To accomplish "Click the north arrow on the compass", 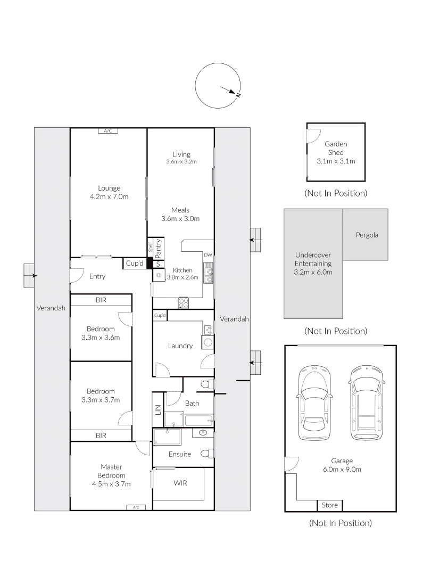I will [233, 91].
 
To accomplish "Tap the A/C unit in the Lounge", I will [107, 131].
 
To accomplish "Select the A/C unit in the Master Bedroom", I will [136, 507].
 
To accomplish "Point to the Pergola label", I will [367, 235].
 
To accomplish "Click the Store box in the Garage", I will [330, 505].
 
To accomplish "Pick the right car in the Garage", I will [366, 403].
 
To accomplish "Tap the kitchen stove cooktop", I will [184, 302].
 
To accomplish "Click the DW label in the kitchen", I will [208, 255].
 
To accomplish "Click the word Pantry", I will [159, 248].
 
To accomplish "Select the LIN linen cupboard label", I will [158, 410].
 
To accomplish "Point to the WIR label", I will [180, 483].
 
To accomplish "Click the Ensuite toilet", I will [207, 454].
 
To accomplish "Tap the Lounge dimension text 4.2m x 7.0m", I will [109, 196].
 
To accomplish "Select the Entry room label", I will [97, 276].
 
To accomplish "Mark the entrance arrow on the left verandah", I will [34, 275].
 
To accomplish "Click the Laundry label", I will [180, 346].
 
